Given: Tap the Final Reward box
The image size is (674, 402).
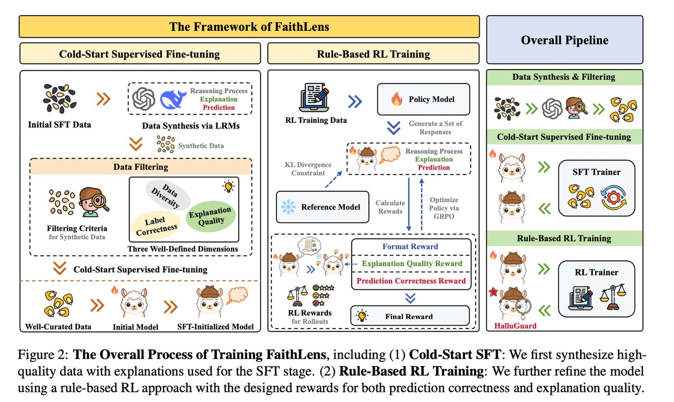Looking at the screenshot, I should click(x=409, y=316).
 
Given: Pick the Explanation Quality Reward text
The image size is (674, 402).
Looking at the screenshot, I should click(x=412, y=263).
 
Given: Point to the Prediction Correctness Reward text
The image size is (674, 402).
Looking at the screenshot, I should click(x=410, y=280).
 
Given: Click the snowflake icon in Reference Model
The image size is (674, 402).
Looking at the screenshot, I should click(x=288, y=206).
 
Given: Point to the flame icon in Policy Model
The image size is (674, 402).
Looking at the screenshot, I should click(x=397, y=99).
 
